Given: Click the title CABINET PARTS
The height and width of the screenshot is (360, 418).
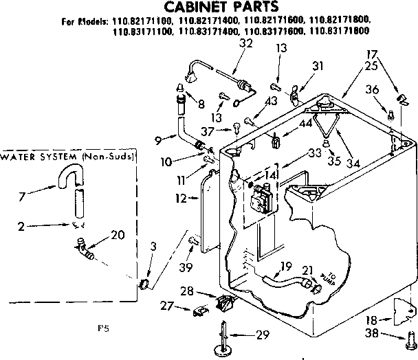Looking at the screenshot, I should pos(208,8).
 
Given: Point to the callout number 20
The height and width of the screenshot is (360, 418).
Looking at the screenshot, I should pos(118,234).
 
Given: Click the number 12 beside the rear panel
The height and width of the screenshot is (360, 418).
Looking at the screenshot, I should pos(180,198).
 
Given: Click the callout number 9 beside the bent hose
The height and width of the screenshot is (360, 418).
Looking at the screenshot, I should pos(158,140).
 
